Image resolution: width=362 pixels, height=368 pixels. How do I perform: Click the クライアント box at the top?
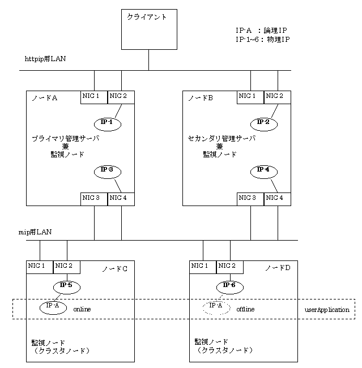point(149,30)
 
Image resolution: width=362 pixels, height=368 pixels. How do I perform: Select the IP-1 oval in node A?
point(107,123)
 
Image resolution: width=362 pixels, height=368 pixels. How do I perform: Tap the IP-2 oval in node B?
point(263,123)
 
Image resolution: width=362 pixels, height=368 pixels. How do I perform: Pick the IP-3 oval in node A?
point(107,170)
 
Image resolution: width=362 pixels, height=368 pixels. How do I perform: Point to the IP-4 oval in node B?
point(263,170)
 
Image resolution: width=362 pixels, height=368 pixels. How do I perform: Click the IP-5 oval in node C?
point(67,285)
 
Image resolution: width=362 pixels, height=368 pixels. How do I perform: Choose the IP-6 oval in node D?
point(229,285)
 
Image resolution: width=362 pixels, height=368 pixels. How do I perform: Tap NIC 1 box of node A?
point(94,97)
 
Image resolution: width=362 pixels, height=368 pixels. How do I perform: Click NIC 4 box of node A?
point(121,199)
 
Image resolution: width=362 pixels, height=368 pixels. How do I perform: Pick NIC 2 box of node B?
point(278,97)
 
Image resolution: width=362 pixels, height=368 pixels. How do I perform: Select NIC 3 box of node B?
point(251,199)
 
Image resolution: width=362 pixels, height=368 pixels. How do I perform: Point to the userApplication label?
point(327,311)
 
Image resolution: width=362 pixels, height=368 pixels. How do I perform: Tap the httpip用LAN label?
point(45,59)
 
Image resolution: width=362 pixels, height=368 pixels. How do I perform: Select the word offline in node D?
point(245,310)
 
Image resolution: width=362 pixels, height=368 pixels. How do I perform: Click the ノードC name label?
point(114,268)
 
